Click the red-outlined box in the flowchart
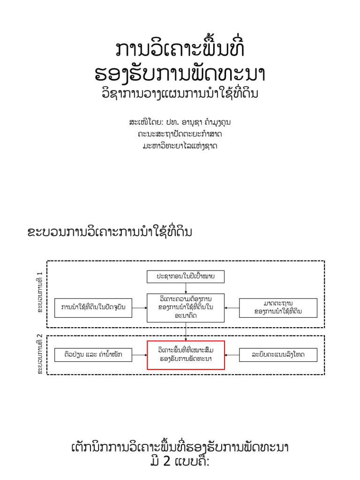click(186, 355)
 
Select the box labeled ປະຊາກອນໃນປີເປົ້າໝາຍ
click(186, 277)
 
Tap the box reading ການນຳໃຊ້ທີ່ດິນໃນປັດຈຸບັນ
click(93, 307)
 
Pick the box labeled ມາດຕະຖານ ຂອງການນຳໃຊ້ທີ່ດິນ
click(278, 307)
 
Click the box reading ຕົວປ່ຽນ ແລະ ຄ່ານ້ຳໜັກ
click(93, 355)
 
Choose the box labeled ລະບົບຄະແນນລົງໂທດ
click(278, 355)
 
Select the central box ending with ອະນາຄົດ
click(186, 307)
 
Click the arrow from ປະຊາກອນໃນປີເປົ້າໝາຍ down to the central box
click(186, 288)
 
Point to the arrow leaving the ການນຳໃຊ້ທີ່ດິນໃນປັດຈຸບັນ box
click(139, 307)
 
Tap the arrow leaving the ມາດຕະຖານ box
click(232, 307)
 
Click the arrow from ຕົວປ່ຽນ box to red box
click(139, 355)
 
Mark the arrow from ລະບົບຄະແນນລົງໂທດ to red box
click(232, 355)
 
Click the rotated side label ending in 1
click(40, 292)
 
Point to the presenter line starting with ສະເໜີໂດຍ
click(180, 122)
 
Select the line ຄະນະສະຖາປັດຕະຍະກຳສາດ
click(180, 134)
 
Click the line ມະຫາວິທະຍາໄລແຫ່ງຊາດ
click(180, 146)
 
